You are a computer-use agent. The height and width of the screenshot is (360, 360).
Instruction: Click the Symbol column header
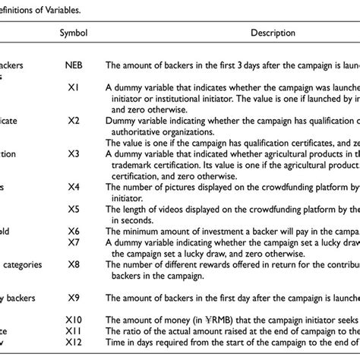click(73, 34)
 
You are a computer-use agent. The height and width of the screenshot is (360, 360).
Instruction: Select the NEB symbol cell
click(73, 66)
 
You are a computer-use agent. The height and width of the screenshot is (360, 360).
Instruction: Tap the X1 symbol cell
click(73, 87)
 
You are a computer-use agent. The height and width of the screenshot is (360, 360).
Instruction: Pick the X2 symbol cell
click(73, 120)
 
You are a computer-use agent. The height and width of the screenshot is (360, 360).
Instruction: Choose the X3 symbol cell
click(73, 153)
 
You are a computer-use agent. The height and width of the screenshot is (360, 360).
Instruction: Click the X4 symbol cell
click(73, 185)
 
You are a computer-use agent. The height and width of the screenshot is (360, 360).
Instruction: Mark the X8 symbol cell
click(73, 265)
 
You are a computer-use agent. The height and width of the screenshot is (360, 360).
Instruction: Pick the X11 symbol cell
click(73, 332)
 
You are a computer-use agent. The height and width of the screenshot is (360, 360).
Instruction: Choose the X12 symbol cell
click(73, 344)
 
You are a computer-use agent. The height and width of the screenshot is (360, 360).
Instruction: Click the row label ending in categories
click(22, 265)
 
